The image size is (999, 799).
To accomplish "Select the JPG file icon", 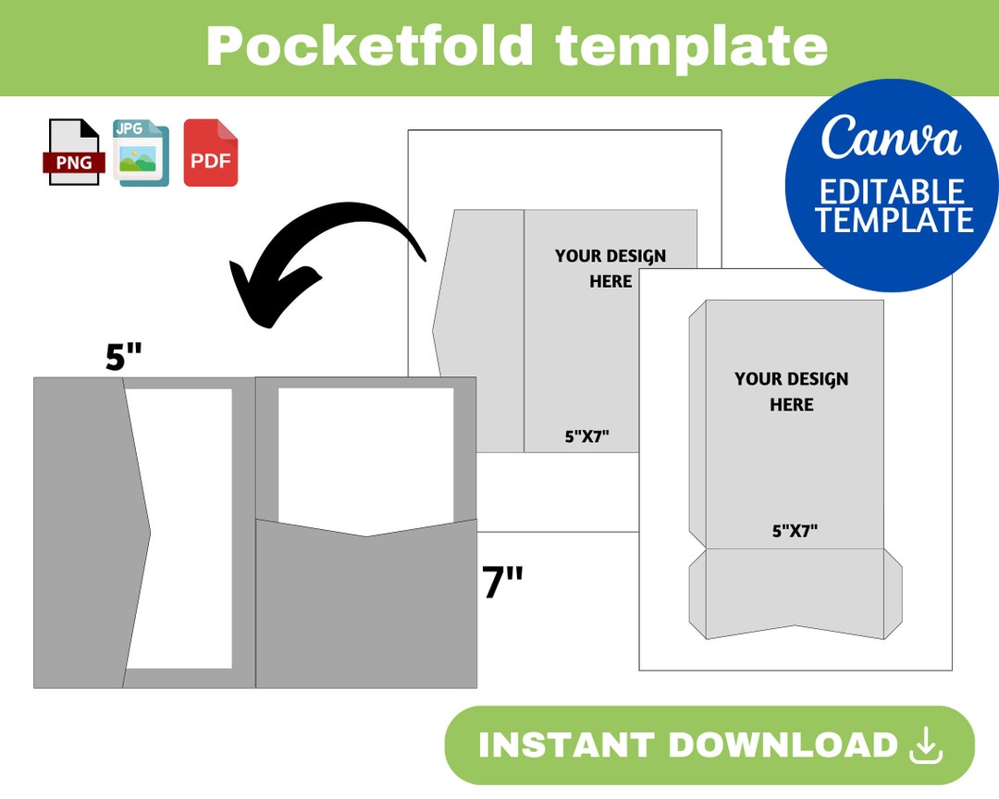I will click(x=141, y=153).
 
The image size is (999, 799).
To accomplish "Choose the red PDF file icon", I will click(x=210, y=154).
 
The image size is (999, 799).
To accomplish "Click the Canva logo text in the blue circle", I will click(x=891, y=139).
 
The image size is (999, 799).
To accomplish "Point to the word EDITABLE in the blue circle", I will click(x=892, y=191).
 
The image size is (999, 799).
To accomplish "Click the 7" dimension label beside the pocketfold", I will click(x=502, y=584).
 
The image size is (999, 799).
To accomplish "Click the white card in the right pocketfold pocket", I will click(x=365, y=453).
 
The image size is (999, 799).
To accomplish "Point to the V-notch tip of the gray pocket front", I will click(x=367, y=535).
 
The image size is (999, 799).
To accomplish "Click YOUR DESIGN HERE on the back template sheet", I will click(x=610, y=268).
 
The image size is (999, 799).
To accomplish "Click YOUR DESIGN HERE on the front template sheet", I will click(x=791, y=391).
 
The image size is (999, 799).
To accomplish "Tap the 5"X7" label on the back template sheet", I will click(x=587, y=436).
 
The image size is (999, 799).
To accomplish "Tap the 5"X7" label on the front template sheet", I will click(x=795, y=531).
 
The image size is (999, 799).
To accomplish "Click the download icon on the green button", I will click(x=925, y=745).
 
